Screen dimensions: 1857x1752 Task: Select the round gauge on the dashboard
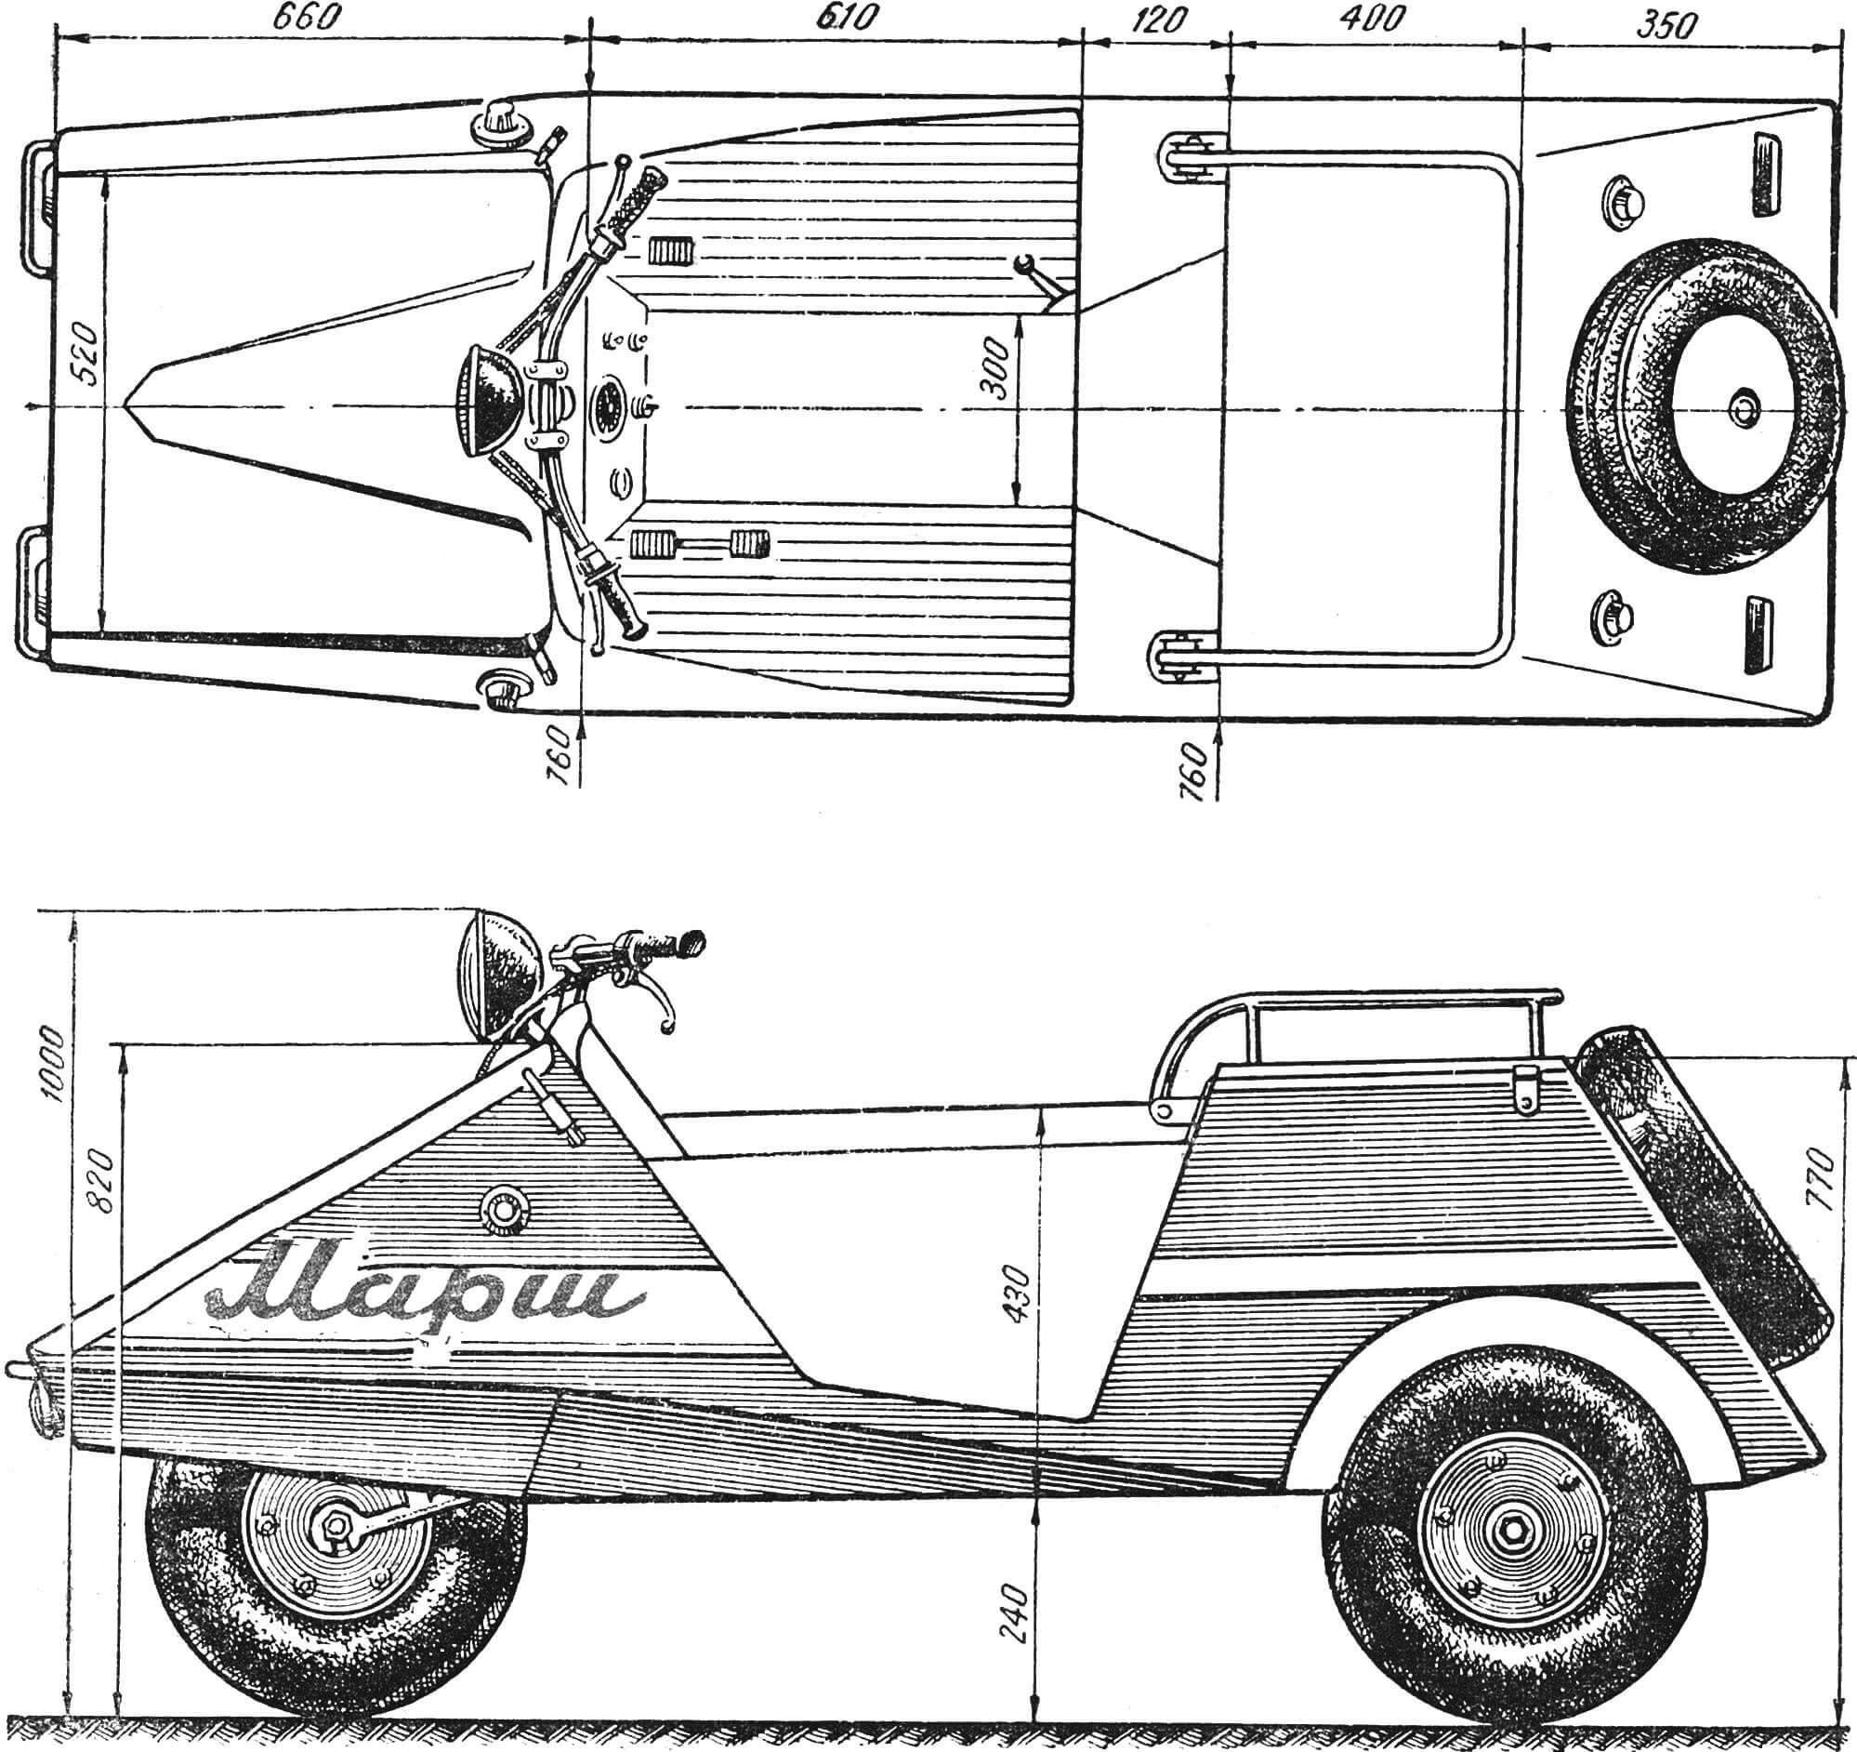(x=610, y=407)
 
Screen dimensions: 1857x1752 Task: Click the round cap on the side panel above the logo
(x=506, y=1204)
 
